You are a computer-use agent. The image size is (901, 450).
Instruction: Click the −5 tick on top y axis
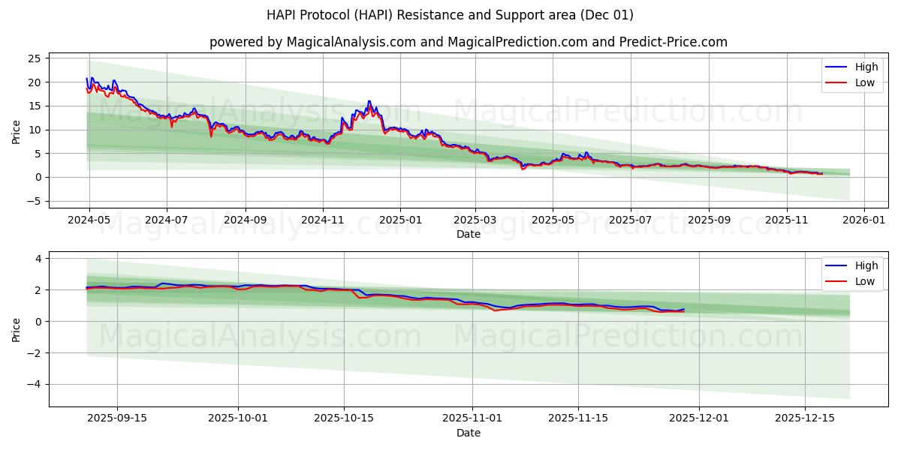point(32,201)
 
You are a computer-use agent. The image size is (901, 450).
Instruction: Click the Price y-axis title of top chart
point(17,131)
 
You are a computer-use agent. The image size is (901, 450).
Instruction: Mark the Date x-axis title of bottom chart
point(469,433)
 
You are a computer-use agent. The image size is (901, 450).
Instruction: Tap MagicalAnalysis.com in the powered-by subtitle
point(351,42)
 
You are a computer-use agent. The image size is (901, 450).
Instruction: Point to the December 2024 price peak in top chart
point(369,101)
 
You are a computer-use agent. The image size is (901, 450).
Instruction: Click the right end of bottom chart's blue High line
point(684,309)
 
